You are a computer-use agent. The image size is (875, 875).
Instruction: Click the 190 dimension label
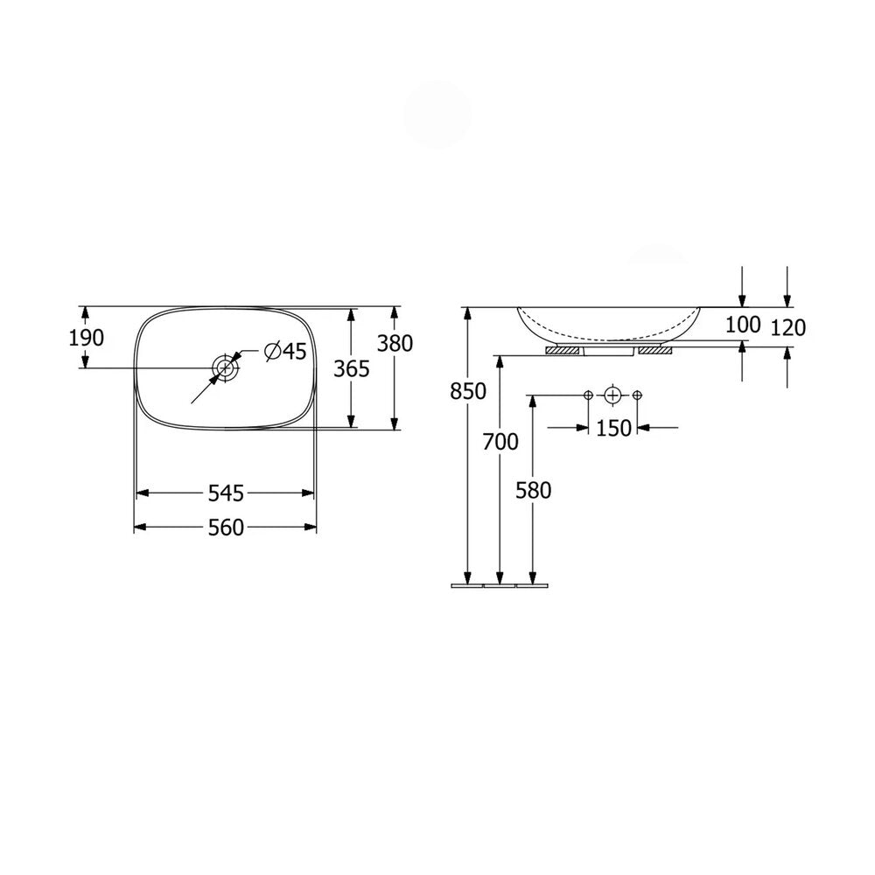click(87, 338)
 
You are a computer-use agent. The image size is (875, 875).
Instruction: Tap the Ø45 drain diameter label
click(285, 351)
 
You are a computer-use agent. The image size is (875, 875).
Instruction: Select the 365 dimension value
click(352, 369)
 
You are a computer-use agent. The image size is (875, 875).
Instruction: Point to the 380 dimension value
click(395, 343)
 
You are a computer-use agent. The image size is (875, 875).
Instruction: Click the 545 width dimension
click(226, 493)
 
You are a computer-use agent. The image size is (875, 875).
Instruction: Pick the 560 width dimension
click(226, 528)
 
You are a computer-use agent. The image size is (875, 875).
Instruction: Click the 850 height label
click(468, 392)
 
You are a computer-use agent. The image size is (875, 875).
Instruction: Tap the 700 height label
click(500, 442)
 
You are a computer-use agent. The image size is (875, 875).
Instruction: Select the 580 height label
click(534, 491)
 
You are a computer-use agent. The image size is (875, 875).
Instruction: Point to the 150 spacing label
click(614, 429)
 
